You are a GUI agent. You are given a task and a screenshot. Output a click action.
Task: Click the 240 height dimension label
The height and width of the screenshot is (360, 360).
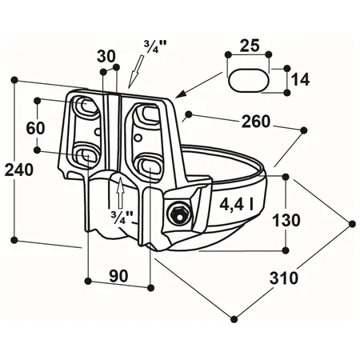(19, 170)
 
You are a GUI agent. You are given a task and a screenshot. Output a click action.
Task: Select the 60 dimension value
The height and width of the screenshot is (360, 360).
(35, 128)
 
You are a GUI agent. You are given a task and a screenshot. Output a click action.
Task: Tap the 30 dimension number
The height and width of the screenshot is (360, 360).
(106, 56)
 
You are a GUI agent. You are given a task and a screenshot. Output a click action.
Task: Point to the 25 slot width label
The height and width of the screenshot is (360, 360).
(250, 46)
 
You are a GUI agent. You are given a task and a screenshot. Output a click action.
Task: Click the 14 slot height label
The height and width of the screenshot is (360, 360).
(300, 79)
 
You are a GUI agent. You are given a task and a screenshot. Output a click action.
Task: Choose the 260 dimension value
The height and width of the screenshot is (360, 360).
(256, 122)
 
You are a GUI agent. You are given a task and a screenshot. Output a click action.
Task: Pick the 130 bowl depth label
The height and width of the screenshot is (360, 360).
(286, 220)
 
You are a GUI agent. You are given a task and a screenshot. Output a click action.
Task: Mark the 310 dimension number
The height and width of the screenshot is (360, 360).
(283, 278)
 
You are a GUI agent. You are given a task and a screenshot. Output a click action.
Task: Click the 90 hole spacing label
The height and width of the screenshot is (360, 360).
(118, 276)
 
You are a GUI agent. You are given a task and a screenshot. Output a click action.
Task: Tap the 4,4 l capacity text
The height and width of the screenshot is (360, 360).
(237, 205)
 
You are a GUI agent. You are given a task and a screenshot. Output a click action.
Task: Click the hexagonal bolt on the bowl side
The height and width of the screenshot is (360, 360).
(178, 214)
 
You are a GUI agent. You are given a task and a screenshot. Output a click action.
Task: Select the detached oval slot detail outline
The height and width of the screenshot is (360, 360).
(249, 81)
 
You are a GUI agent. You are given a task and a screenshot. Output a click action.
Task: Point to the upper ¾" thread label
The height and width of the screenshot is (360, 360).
(155, 47)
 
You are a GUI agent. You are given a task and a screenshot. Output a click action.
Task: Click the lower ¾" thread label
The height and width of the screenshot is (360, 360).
(122, 218)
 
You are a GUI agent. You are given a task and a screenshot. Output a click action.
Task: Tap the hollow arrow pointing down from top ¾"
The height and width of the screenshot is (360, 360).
(137, 71)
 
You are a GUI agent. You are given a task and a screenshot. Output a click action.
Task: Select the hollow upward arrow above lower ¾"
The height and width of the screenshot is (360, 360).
(121, 192)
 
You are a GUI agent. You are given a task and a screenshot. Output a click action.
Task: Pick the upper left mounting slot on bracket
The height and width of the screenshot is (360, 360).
(86, 106)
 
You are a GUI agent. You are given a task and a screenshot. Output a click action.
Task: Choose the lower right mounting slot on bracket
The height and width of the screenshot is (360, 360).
(148, 164)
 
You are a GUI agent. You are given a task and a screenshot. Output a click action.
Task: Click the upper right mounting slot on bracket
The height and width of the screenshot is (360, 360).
(150, 113)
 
